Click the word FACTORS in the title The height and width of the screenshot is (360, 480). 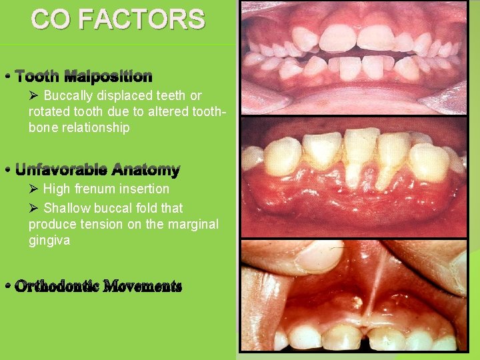pyautogui.click(x=141, y=20)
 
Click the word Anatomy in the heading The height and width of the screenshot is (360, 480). pyautogui.click(x=146, y=170)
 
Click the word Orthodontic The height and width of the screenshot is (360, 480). pyautogui.click(x=57, y=287)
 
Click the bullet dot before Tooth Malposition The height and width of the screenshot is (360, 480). pyautogui.click(x=7, y=76)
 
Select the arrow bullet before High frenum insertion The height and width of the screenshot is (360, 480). pyautogui.click(x=34, y=189)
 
